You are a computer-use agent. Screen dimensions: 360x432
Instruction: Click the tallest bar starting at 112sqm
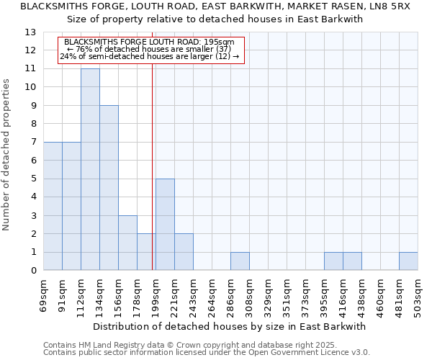pyautogui.click(x=90, y=169)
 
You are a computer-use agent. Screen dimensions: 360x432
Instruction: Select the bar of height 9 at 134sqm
pyautogui.click(x=109, y=188)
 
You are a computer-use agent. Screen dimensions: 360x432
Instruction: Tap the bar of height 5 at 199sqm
pyautogui.click(x=165, y=225)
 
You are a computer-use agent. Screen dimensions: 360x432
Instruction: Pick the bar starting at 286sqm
pyautogui.click(x=240, y=261)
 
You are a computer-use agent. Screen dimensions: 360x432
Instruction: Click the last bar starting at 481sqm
pyautogui.click(x=408, y=261)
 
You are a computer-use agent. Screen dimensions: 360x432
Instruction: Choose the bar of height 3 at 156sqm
pyautogui.click(x=127, y=243)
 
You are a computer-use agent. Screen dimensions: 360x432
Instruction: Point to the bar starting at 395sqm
pyautogui.click(x=333, y=261)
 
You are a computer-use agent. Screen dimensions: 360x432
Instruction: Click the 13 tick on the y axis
pyautogui.click(x=30, y=32)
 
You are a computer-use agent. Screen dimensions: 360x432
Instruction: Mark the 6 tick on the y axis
pyautogui.click(x=33, y=161)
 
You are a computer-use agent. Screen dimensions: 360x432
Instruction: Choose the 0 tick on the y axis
pyautogui.click(x=33, y=271)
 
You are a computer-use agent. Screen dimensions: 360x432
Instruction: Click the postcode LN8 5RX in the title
pyautogui.click(x=389, y=6)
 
